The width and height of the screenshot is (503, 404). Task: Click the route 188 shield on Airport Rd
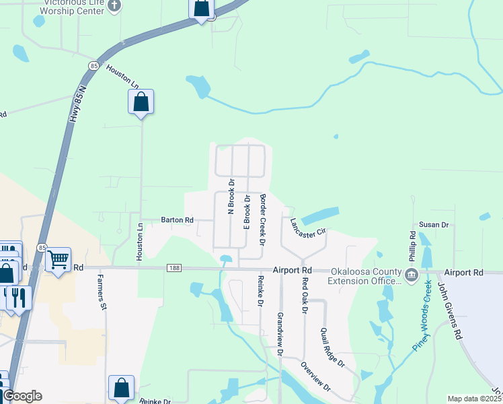click(174, 268)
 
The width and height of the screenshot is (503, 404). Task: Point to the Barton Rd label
click(177, 220)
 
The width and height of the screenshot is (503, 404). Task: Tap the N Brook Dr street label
click(231, 196)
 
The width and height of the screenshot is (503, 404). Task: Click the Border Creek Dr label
click(263, 219)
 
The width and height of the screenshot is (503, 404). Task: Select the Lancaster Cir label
click(307, 226)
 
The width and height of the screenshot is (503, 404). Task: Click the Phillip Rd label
click(413, 245)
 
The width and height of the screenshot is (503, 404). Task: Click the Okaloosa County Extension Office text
click(365, 275)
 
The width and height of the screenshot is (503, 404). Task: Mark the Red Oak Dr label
click(305, 295)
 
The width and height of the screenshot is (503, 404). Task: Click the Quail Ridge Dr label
click(332, 347)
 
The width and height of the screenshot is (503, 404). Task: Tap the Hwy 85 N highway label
click(77, 102)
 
